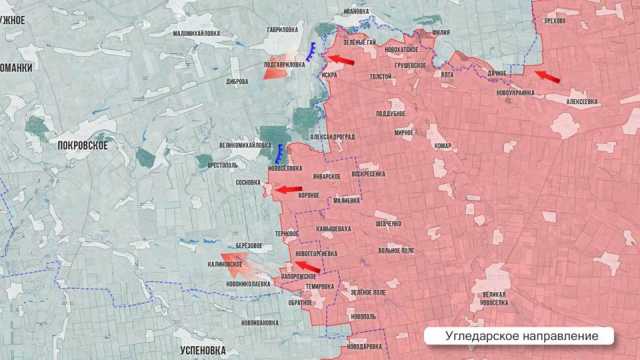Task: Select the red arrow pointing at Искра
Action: point(341,61)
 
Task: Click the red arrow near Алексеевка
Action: point(547,77)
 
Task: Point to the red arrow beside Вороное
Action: point(289,190)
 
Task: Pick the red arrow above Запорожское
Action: point(307,267)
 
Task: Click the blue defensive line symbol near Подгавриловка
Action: point(312,52)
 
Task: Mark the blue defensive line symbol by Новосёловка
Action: point(281,154)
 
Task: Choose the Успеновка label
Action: point(203,350)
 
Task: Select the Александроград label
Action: point(332,137)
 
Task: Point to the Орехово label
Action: point(555,21)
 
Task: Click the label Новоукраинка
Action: point(515,93)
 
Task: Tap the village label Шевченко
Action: point(388,223)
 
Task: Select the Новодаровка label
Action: point(364,347)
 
